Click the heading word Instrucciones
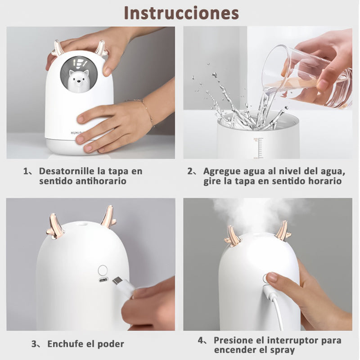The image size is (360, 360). click(x=181, y=13)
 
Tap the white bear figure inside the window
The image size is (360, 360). click(x=78, y=81)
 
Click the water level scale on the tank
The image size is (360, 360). click(x=260, y=148)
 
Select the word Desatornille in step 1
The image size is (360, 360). click(x=67, y=171)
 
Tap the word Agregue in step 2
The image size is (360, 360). click(x=221, y=171)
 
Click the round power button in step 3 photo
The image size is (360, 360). click(x=103, y=270)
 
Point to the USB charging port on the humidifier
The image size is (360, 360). click(x=103, y=280)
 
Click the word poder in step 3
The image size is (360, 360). click(x=111, y=344)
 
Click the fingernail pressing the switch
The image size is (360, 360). click(x=273, y=277)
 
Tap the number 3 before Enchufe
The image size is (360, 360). click(x=34, y=344)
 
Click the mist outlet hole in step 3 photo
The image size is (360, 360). click(x=82, y=222)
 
